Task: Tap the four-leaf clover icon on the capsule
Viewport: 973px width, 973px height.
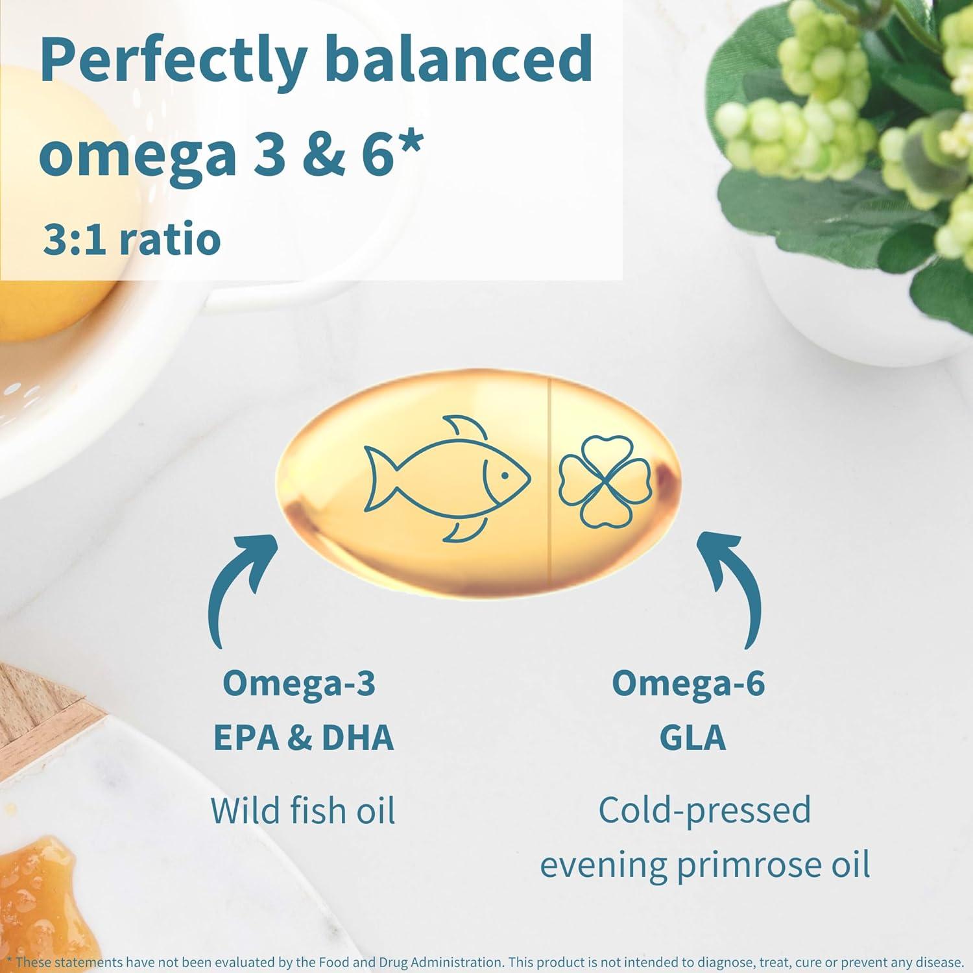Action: tap(605, 480)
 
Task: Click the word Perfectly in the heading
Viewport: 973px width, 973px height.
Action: tap(173, 60)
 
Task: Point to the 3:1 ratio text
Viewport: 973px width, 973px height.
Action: tap(132, 239)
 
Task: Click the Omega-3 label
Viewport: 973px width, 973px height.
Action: tap(299, 683)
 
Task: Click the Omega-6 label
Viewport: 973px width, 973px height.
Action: tap(688, 683)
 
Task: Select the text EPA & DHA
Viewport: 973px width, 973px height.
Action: tap(303, 738)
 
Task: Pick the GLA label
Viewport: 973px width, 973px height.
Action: tap(692, 738)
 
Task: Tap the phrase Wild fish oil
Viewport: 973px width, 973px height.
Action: tap(303, 810)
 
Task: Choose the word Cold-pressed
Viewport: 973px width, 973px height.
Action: tap(704, 810)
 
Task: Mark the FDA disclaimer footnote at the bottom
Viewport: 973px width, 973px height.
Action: tap(486, 962)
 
